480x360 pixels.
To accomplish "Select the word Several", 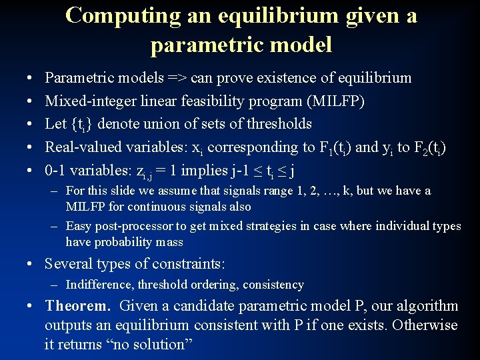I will [69, 263].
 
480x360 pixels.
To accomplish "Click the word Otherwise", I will [425, 325].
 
